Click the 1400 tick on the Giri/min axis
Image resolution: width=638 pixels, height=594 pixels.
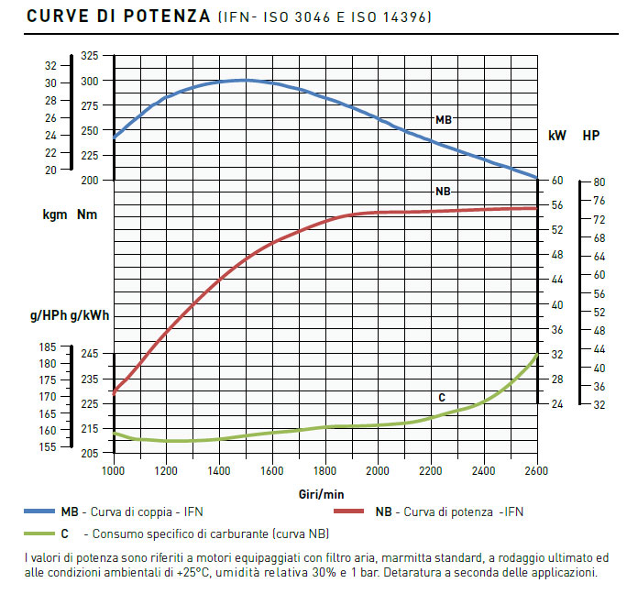[x=218, y=470]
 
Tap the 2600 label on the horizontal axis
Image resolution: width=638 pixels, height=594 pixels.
[x=536, y=470]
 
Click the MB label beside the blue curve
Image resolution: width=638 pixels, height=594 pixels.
[x=443, y=119]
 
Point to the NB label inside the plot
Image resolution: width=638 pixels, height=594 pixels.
[x=442, y=192]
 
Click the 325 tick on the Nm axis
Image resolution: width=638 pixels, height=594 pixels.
[x=89, y=57]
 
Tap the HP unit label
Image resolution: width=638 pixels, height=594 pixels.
[x=591, y=136]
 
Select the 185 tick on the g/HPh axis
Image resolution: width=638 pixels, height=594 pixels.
[x=48, y=347]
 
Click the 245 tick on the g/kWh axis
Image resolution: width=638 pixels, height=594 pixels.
[x=89, y=354]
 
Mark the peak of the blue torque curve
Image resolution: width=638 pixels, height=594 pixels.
[x=244, y=80]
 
